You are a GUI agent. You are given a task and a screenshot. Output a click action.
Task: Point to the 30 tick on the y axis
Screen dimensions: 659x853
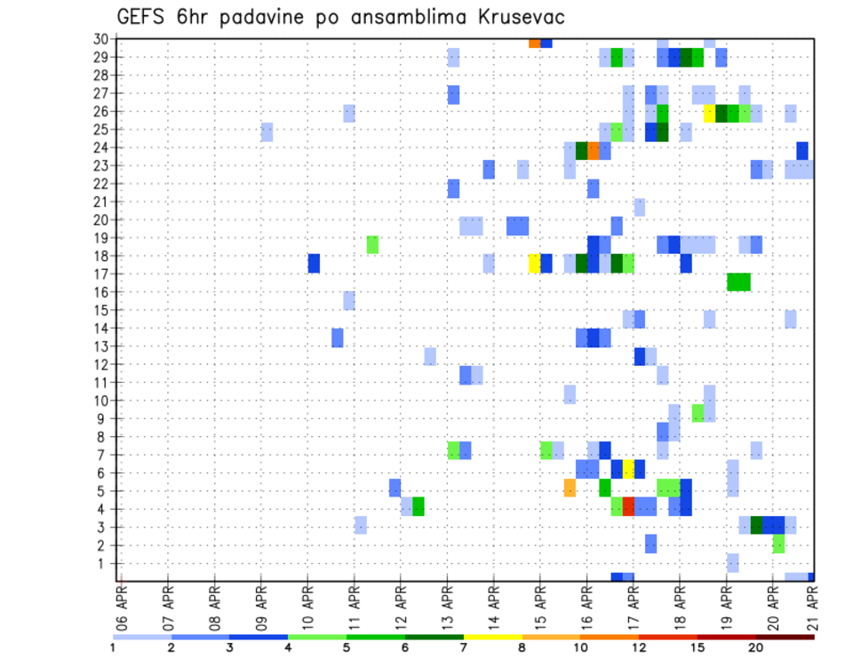click(100, 39)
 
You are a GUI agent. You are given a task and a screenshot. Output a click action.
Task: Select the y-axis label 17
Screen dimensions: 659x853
click(100, 274)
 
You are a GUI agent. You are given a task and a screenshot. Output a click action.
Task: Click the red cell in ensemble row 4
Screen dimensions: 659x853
click(628, 506)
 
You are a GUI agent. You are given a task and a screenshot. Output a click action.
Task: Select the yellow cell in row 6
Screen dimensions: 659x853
click(628, 469)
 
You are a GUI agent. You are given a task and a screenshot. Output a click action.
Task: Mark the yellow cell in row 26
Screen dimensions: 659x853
click(709, 113)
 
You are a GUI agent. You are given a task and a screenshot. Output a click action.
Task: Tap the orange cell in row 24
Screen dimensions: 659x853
click(594, 150)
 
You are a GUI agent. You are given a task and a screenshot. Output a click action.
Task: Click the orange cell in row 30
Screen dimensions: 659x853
click(535, 42)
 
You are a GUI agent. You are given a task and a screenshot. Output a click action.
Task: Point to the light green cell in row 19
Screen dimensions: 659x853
click(372, 244)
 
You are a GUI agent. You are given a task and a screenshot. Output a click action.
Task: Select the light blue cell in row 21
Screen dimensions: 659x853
click(640, 207)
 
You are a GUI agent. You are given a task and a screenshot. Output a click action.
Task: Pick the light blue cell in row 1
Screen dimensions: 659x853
click(733, 562)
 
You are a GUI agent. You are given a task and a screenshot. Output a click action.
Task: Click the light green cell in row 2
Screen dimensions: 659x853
click(779, 544)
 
